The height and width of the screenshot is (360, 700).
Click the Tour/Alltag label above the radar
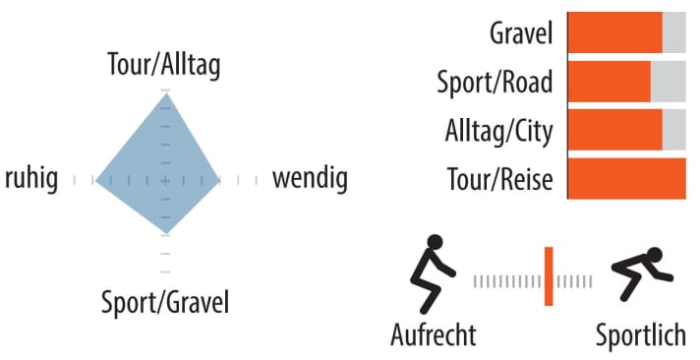pos(164,65)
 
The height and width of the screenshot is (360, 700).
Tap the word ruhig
pos(31,179)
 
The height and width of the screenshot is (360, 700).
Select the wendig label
pos(310,179)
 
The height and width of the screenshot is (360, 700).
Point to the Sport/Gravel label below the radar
pos(165,301)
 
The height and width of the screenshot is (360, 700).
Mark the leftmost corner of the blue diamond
pos(96,180)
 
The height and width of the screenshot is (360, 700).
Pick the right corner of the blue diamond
pos(220,180)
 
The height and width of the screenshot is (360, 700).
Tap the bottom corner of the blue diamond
pos(165,233)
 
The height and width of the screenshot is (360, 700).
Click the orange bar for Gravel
pos(615,33)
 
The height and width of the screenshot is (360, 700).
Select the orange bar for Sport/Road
pos(610,82)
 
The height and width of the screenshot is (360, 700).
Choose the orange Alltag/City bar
pos(615,129)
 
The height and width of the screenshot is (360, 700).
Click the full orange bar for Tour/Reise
pos(627,178)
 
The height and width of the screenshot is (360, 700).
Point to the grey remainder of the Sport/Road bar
pos(669,82)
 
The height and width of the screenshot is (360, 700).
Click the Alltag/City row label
pos(499,131)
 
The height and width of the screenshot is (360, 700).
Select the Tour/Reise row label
pos(498,179)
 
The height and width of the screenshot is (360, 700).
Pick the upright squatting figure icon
pos(434,272)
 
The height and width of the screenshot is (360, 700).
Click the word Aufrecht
pos(434,334)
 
